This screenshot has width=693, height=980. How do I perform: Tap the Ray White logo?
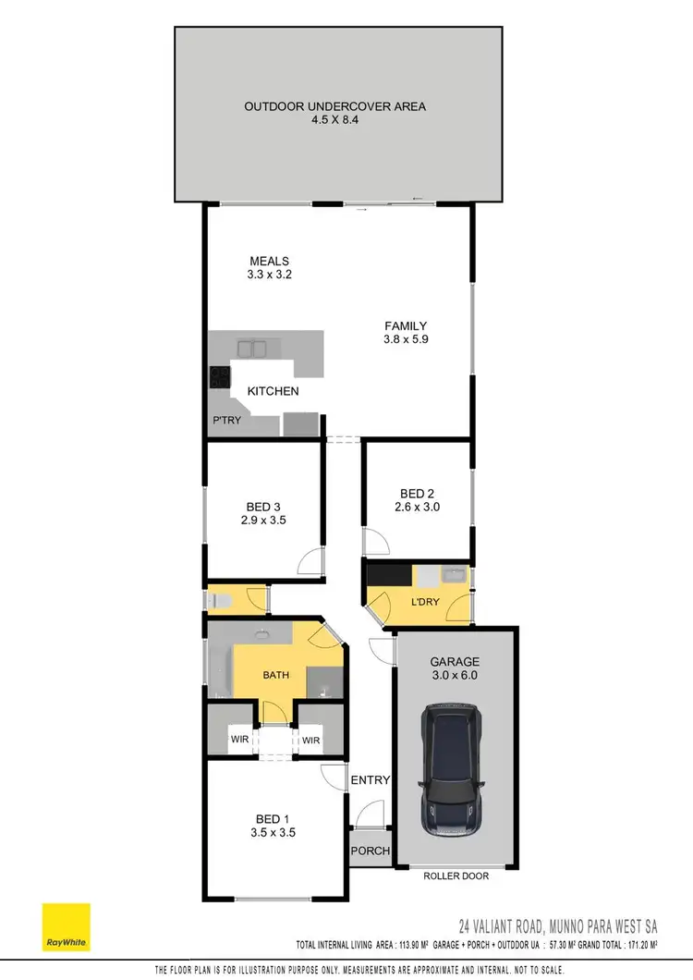click(x=66, y=927)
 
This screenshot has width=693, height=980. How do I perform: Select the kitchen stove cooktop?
click(x=219, y=376)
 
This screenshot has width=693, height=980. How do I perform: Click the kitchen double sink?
click(x=252, y=349)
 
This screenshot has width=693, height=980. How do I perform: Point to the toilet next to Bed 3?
click(x=219, y=602)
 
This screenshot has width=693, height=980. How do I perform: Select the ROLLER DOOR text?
click(x=456, y=876)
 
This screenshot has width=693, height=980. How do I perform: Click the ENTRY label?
click(x=371, y=780)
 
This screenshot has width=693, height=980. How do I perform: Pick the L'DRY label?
click(x=425, y=603)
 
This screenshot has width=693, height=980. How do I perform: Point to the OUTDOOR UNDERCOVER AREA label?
click(x=334, y=106)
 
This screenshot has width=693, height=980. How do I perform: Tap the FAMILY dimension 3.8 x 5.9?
click(x=406, y=339)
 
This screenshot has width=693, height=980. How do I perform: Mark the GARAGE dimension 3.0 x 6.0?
click(x=454, y=677)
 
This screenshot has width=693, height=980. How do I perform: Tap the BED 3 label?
click(x=264, y=507)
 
